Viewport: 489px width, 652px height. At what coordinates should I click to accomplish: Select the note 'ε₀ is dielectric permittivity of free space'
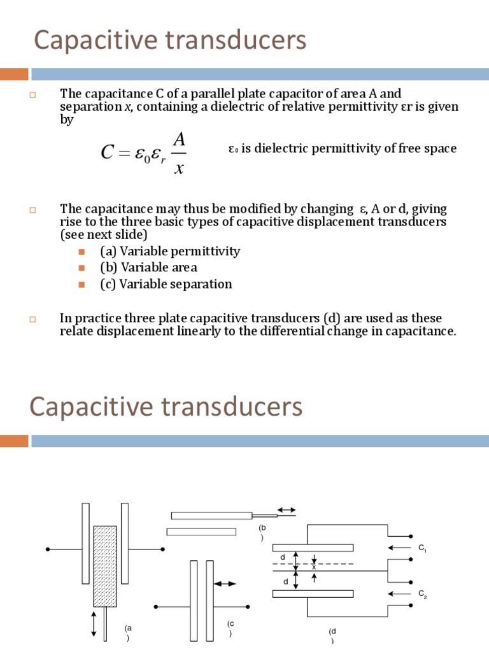pos(343,149)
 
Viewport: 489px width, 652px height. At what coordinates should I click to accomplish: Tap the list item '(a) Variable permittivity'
pos(170,251)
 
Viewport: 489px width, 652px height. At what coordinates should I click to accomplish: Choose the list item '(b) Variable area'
pos(148,267)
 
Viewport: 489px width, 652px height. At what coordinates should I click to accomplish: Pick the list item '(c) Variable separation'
pos(166,284)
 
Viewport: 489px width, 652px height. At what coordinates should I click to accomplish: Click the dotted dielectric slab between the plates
pos(105,565)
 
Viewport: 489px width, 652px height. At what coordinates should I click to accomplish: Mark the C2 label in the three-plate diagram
pos(423,594)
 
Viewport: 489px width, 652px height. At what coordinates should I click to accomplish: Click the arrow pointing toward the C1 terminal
pos(399,548)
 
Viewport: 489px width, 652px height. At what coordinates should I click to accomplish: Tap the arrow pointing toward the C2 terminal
pos(399,594)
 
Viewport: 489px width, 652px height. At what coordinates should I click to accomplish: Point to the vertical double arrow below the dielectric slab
pos(94,625)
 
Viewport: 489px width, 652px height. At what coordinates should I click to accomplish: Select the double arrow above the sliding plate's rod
pos(287,509)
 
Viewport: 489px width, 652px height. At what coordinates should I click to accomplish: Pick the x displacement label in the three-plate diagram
pos(314,567)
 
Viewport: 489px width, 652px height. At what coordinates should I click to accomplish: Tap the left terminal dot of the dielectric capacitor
pos(47,548)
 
